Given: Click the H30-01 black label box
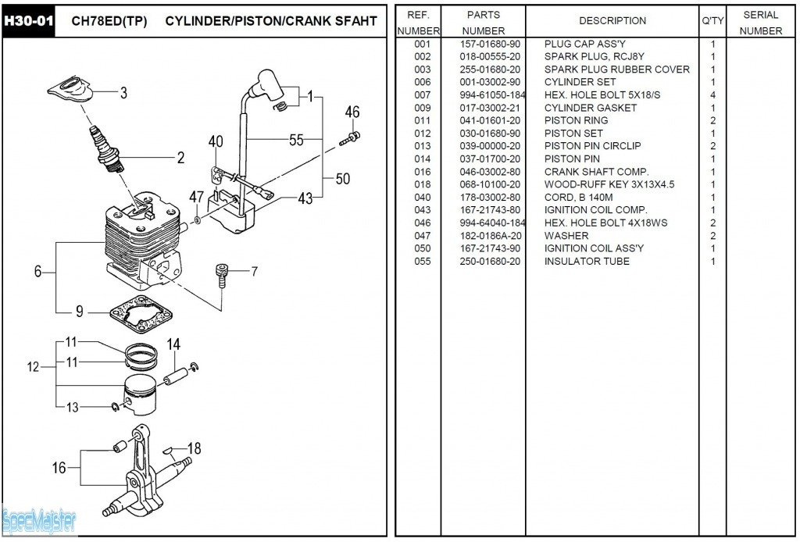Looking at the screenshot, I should tap(28, 20).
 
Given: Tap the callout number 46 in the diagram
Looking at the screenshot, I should tap(352, 112).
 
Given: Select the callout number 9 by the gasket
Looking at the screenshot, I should tap(80, 312).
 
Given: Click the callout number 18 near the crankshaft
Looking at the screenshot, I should tap(194, 448).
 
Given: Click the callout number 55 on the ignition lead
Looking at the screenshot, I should tap(296, 141).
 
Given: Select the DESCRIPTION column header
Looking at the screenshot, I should tap(612, 21).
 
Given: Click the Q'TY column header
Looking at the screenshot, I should tap(712, 21).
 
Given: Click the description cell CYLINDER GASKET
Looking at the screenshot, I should tap(590, 108).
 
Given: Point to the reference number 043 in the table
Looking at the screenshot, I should tap(422, 210).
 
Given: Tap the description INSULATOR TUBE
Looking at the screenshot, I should tap(586, 261).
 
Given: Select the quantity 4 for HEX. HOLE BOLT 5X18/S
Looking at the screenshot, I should tap(712, 95).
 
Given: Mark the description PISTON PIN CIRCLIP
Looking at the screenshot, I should tap(592, 146).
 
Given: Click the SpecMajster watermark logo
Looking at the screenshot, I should tap(39, 520).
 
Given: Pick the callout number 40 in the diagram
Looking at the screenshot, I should tap(216, 141).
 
